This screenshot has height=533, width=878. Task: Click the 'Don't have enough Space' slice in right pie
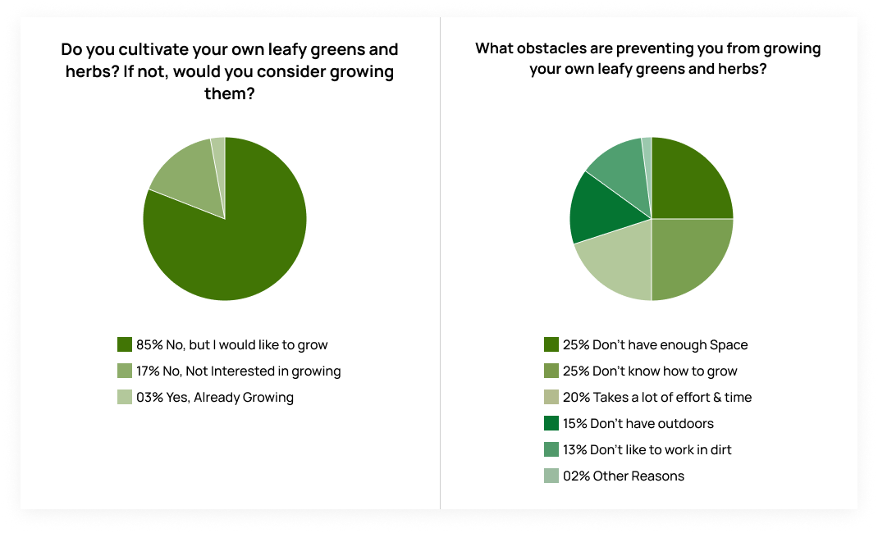[689, 180]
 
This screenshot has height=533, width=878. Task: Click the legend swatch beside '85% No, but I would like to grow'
[125, 344]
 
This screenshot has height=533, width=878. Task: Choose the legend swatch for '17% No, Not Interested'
[125, 371]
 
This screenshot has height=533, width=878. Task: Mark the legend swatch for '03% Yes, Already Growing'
[125, 397]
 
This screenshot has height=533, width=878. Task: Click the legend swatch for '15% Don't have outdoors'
[551, 423]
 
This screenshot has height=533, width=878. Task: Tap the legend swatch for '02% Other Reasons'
[551, 476]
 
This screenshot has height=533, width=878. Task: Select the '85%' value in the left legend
[151, 344]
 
